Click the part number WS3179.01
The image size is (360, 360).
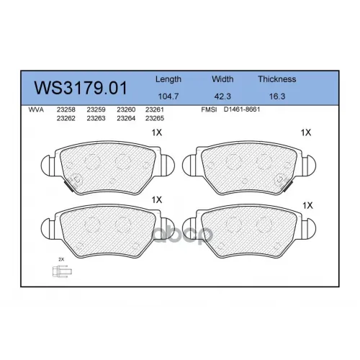(81, 88)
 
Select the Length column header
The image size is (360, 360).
(168, 79)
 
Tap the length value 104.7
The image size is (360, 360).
(168, 96)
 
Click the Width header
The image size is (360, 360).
(222, 79)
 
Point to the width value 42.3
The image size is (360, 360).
(222, 96)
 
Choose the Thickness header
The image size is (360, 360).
(277, 79)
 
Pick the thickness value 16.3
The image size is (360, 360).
(277, 96)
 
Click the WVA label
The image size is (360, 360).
(36, 110)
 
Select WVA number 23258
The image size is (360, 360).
(66, 109)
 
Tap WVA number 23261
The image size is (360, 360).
(155, 109)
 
